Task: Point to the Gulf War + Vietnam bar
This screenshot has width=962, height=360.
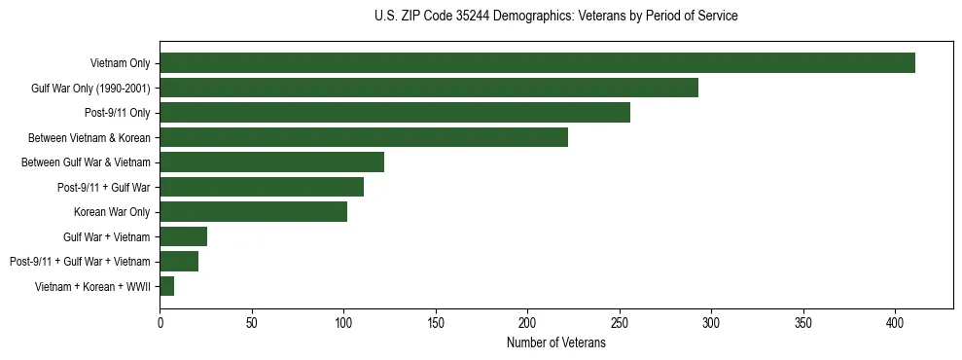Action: (183, 236)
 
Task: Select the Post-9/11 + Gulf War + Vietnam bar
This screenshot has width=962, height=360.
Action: (179, 261)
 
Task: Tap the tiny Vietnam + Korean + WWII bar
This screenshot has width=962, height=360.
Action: (166, 286)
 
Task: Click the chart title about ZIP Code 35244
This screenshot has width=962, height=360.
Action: (555, 17)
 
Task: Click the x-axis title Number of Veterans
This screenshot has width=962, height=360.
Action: (555, 343)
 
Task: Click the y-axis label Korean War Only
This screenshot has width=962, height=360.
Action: (111, 212)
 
